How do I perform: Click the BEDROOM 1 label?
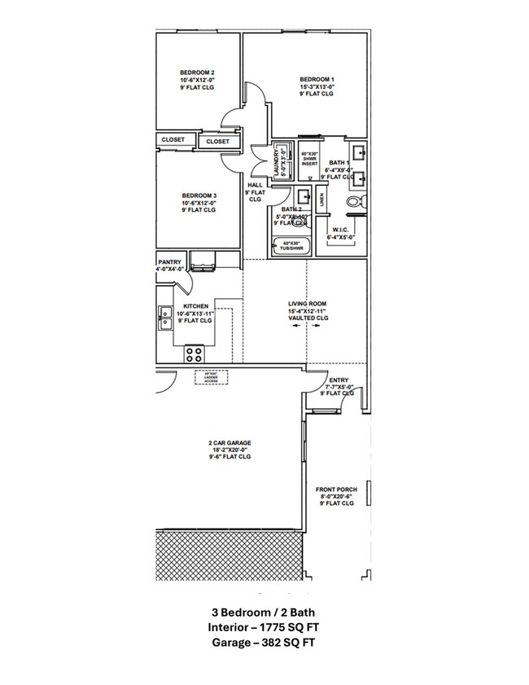pos(317,79)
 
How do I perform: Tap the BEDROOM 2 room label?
pos(197,72)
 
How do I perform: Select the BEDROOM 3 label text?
pos(199,195)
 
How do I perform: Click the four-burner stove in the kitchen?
pos(195,353)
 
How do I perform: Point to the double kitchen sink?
pos(165,317)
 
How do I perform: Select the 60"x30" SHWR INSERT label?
pos(309,159)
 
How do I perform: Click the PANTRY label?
pos(169,262)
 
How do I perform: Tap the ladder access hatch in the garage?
pos(211,377)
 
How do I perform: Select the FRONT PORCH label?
pos(336,490)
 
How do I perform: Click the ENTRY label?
pos(339,380)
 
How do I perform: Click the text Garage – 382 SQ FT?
pos(264,643)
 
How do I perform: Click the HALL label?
pos(255,185)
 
